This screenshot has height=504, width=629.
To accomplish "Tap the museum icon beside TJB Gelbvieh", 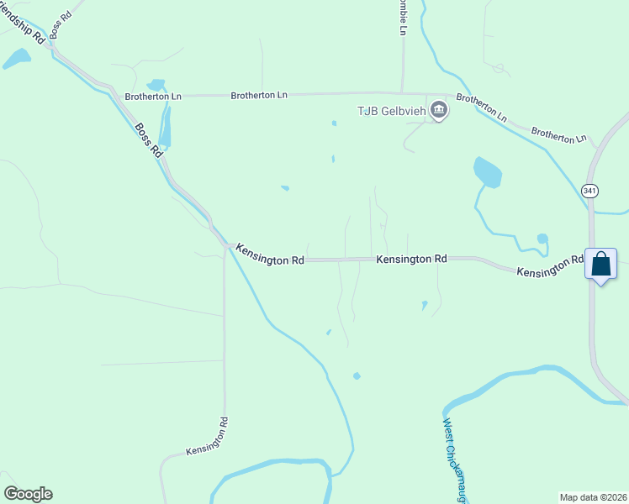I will tap(438, 109).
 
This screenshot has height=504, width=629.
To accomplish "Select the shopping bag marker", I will tap(600, 265).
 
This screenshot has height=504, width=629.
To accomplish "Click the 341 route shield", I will tap(590, 192).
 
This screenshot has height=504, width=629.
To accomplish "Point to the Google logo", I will tap(28, 494).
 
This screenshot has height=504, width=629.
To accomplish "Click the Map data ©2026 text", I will tap(593, 496).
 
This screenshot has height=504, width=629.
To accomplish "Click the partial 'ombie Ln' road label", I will tap(402, 18).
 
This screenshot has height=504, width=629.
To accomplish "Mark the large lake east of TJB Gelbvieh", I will tap(487, 172).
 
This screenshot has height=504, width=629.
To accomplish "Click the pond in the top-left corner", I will tap(16, 58).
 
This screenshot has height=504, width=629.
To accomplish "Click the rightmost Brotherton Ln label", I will tap(558, 135).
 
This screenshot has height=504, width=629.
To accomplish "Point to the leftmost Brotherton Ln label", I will tap(153, 97).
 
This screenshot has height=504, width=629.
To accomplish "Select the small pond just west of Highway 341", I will tap(542, 239).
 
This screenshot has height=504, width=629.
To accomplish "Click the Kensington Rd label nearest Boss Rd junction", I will tap(269, 255).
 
